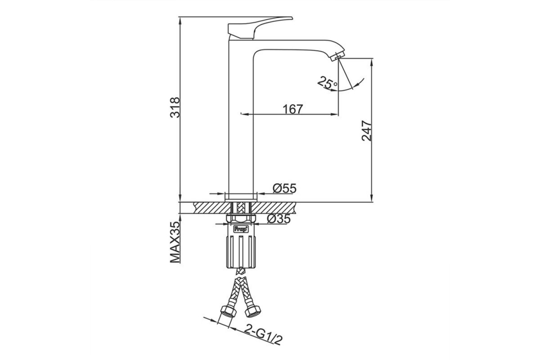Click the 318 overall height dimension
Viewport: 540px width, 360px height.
coord(175,107)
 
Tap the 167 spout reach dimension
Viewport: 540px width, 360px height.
coord(292,109)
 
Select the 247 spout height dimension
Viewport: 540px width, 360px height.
coord(366,131)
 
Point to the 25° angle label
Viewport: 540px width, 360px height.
coord(327,83)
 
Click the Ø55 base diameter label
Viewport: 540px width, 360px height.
coord(284,188)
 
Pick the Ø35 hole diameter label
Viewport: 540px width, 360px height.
coord(279,219)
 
